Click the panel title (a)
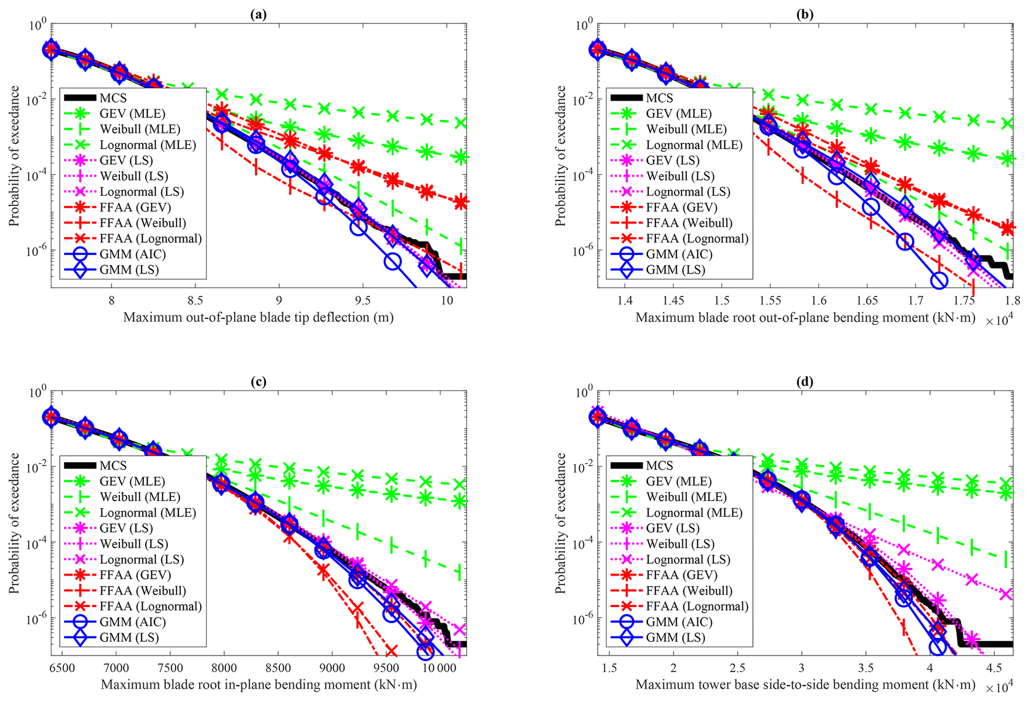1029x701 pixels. (x=258, y=14)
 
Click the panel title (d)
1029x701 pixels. (x=805, y=382)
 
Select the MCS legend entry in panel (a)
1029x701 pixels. (x=114, y=98)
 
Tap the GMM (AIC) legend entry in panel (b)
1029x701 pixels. (x=679, y=254)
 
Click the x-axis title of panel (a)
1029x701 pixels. (x=258, y=317)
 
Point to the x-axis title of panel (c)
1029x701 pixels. (x=258, y=685)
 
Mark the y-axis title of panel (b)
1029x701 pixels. (x=561, y=156)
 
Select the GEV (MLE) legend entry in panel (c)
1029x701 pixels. (x=132, y=481)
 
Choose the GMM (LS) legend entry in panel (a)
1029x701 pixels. (x=129, y=270)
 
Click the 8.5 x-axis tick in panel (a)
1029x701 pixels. (x=195, y=300)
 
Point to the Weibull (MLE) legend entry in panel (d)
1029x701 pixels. (x=686, y=497)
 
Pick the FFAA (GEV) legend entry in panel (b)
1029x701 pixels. (x=682, y=207)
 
